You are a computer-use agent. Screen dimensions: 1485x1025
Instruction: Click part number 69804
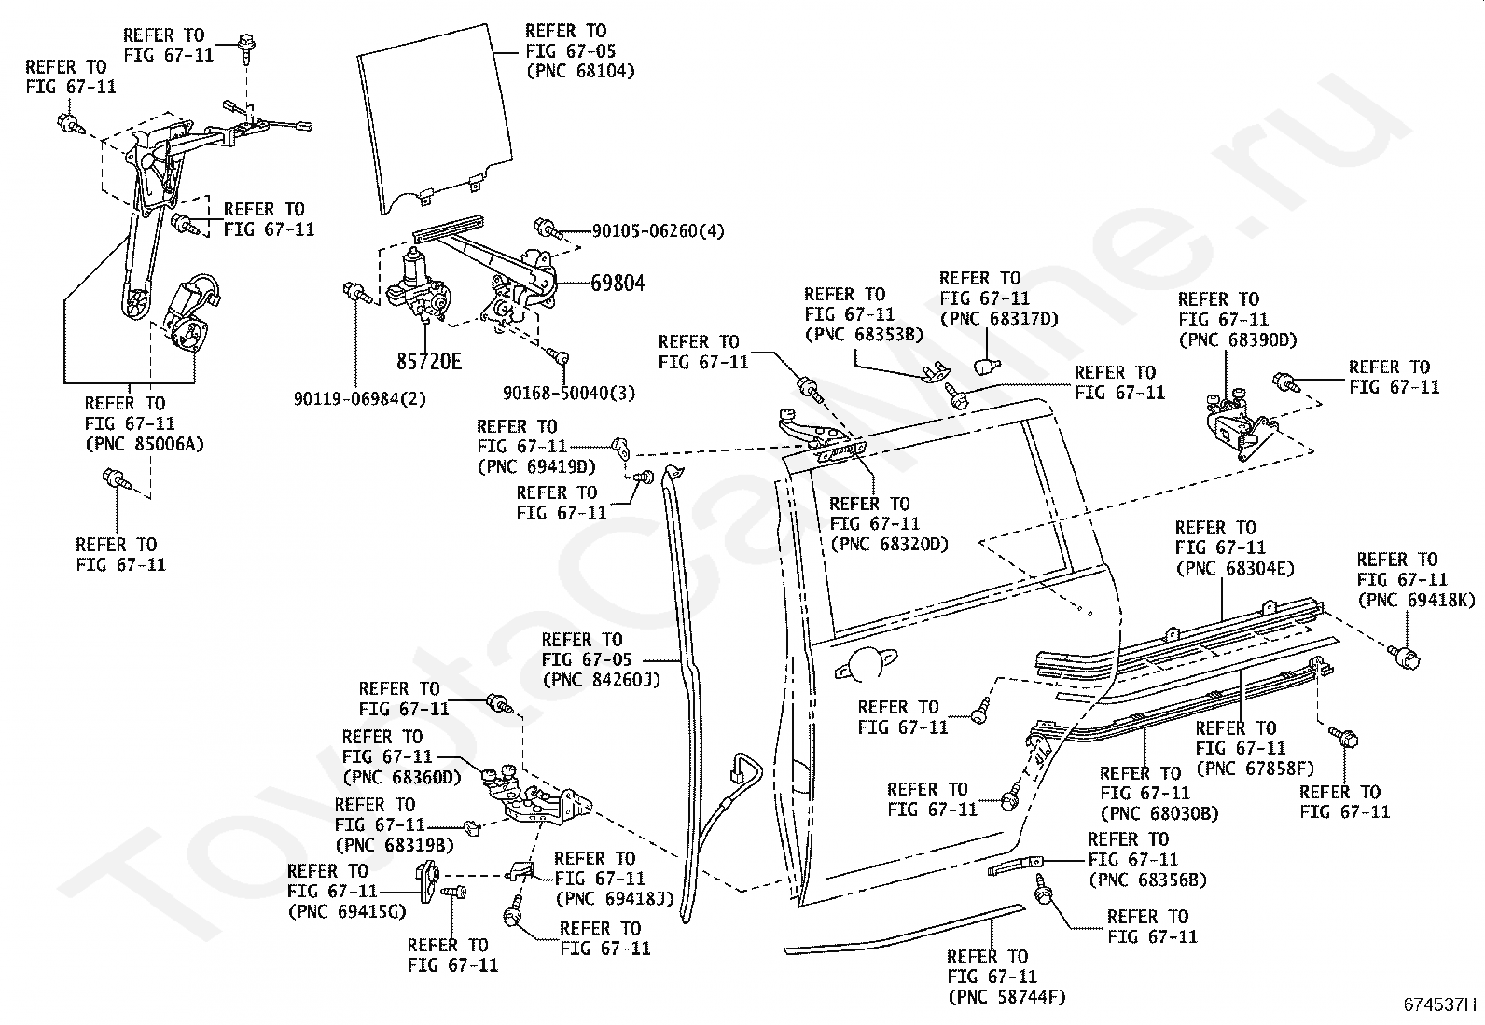[x=618, y=284]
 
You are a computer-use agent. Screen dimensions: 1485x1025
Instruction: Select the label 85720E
[x=429, y=361]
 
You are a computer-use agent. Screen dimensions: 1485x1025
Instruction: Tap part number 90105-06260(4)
[x=659, y=231]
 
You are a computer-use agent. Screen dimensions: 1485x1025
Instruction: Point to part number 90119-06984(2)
[x=360, y=399]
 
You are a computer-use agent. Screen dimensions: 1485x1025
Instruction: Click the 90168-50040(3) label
[x=569, y=394]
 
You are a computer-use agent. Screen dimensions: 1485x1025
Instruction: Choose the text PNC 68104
[x=581, y=71]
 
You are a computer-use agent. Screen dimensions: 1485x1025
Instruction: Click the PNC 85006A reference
[x=145, y=444]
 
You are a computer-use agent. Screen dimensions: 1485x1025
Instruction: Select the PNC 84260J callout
[x=602, y=680]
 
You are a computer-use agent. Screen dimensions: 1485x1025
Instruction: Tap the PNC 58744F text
[x=1007, y=996]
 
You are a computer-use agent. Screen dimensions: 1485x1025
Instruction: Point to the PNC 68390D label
[x=1238, y=339]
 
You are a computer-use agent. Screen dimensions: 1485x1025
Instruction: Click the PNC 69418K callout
[x=1417, y=600]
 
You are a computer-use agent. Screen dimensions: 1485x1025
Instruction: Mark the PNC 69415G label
[x=347, y=911]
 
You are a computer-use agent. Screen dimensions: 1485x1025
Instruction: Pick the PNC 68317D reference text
[x=999, y=319]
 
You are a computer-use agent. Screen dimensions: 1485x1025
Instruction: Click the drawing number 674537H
[x=1439, y=1004]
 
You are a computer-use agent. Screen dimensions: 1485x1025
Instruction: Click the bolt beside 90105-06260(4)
[x=548, y=229]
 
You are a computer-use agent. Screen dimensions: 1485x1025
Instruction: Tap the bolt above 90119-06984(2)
[x=358, y=292]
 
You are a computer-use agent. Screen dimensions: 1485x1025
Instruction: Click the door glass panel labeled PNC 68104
[x=435, y=119]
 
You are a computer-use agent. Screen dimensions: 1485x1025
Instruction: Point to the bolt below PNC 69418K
[x=1404, y=656]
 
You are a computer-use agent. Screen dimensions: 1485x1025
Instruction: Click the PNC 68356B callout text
[x=1147, y=880]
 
